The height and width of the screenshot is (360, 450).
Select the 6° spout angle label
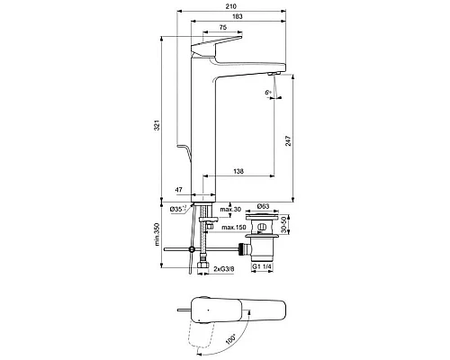pyautogui.click(x=268, y=93)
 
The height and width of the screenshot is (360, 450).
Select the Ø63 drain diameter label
pyautogui.click(x=262, y=207)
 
